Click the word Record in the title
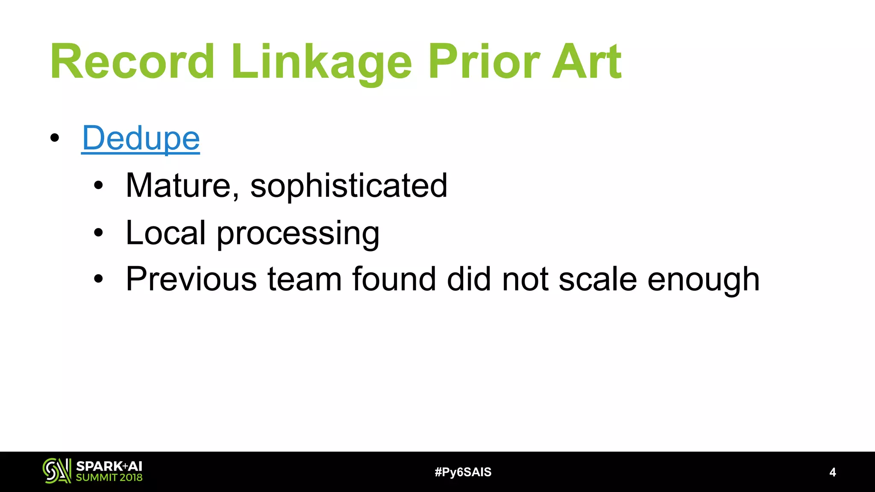132,61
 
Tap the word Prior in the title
484,61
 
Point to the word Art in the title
586,61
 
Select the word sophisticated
349,185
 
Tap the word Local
166,233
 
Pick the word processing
298,234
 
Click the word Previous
191,279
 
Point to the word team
305,279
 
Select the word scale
598,279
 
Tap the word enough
703,280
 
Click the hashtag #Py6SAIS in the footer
463,472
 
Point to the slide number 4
832,472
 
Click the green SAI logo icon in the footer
57,471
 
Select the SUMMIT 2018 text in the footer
109,477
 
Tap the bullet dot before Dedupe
54,138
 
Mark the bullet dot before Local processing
99,233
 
